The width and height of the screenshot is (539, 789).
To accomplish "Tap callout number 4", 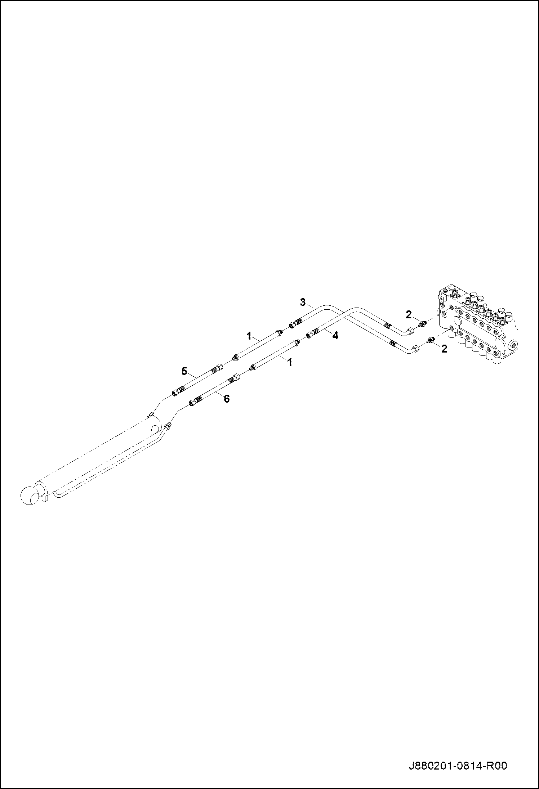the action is click(335, 336).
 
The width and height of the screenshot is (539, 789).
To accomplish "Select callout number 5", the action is click(184, 371).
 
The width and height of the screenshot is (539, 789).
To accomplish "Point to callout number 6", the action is click(227, 399).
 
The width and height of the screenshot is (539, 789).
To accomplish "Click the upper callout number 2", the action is click(408, 314).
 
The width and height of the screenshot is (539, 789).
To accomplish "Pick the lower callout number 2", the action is click(444, 349).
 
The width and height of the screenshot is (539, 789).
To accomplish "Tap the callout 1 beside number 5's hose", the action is click(249, 336).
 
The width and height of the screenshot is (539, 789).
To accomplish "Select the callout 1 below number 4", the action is click(289, 362).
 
